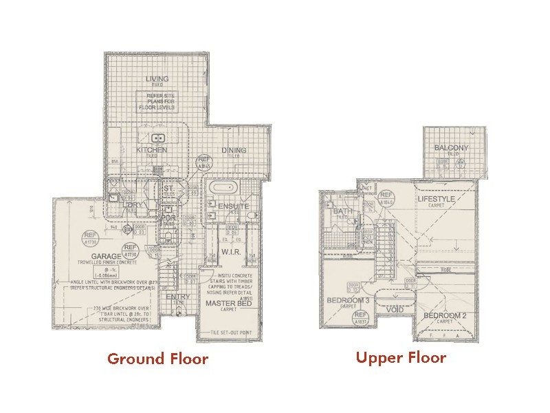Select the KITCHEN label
tap(152, 150)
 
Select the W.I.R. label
tap(230, 253)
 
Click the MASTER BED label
tap(228, 303)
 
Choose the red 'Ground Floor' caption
tap(157, 359)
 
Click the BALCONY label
tap(451, 149)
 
